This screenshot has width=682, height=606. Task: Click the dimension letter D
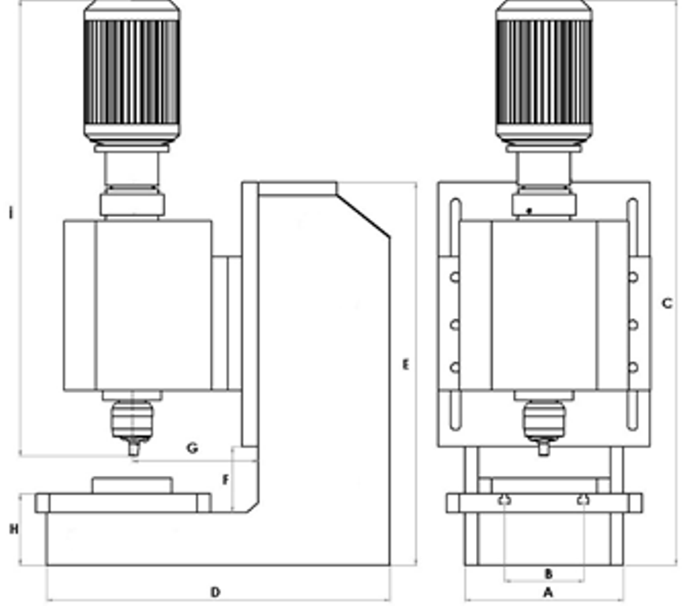click(215, 592)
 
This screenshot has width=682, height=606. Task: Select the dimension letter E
click(405, 365)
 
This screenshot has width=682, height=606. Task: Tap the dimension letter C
click(667, 303)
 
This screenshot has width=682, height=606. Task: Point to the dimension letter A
click(549, 591)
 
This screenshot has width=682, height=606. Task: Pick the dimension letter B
click(549, 573)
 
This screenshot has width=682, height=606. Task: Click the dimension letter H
click(13, 529)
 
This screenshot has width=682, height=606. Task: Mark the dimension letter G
click(192, 448)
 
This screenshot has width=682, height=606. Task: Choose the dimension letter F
click(226, 480)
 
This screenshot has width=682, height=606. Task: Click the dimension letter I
click(10, 213)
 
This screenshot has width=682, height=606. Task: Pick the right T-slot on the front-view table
click(583, 499)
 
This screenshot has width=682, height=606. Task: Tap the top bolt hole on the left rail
click(455, 277)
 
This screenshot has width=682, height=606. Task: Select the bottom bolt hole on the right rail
click(633, 367)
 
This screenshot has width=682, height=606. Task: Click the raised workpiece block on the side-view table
click(132, 484)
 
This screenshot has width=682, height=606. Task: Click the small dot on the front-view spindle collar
click(530, 211)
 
